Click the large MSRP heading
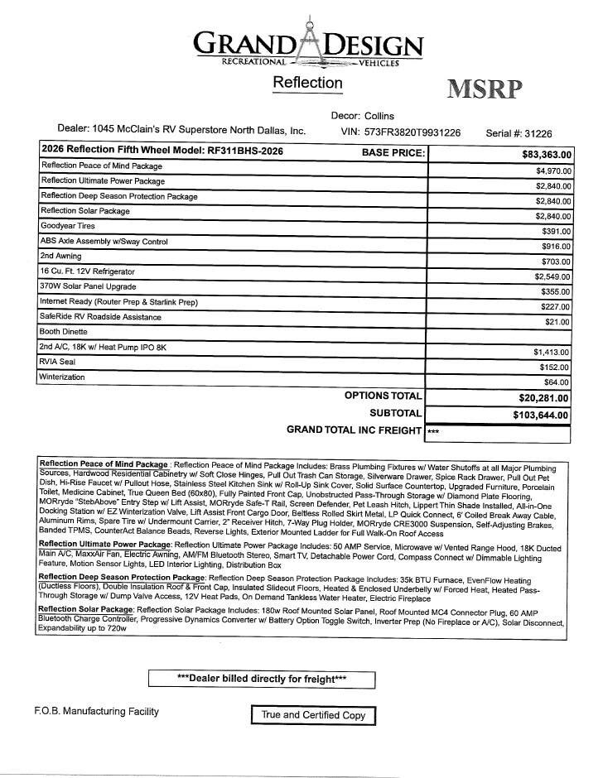click(485, 89)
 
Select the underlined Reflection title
click(307, 83)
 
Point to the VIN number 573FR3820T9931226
click(412, 132)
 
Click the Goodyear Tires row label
click(68, 226)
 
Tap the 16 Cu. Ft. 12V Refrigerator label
click(87, 271)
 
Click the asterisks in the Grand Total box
click(433, 432)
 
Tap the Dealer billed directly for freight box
click(262, 679)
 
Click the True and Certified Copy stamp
click(313, 715)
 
